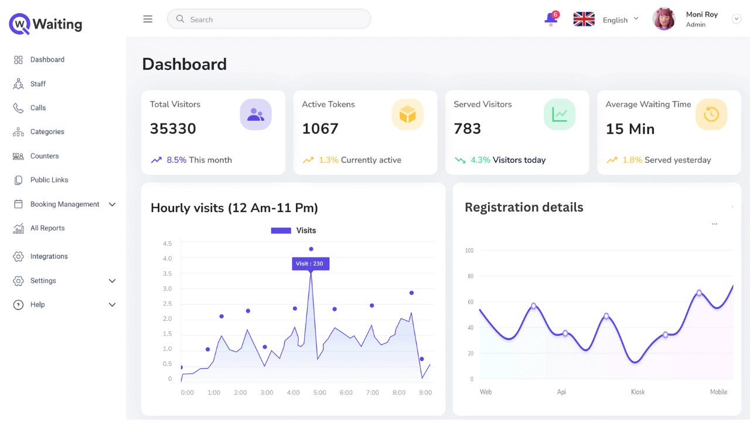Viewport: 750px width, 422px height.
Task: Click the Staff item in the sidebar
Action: [37, 84]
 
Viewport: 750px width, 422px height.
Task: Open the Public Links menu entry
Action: [49, 180]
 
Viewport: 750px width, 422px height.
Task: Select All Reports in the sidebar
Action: [47, 228]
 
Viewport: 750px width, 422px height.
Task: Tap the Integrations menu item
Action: [49, 256]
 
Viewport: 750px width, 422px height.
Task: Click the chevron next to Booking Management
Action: [112, 205]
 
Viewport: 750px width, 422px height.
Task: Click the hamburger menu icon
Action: [148, 19]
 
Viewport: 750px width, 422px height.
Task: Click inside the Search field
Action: [270, 19]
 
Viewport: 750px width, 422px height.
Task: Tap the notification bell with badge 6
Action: [551, 19]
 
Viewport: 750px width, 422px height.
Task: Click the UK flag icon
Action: [584, 19]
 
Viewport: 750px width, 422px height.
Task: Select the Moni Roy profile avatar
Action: [664, 19]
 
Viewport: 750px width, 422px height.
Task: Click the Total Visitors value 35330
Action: [173, 129]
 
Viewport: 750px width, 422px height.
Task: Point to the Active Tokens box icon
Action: [407, 114]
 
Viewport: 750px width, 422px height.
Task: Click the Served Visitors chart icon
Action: [559, 114]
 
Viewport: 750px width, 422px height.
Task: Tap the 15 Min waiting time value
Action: [630, 129]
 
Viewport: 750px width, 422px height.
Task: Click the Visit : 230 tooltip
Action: [311, 264]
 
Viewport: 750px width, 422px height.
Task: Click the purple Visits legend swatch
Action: [281, 231]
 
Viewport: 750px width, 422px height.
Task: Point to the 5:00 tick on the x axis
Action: [319, 393]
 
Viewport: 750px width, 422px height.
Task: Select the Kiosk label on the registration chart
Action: [637, 392]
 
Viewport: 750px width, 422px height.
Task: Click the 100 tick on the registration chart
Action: [469, 251]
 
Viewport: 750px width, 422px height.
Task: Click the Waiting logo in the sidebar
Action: [46, 24]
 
